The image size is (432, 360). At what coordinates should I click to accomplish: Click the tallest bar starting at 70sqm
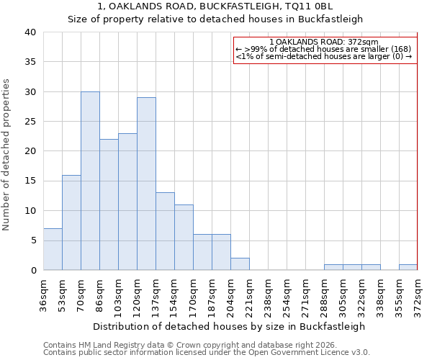click(90, 181)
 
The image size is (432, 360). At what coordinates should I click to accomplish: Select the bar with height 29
click(146, 184)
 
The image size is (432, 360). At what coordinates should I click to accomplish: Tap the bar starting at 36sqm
click(53, 249)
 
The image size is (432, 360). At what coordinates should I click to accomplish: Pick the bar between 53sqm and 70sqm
click(71, 222)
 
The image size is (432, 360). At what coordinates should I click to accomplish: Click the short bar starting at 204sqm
click(240, 264)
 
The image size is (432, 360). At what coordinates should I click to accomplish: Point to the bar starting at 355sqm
click(408, 267)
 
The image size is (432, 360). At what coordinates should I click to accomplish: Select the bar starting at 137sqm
click(165, 231)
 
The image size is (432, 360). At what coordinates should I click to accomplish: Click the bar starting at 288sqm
click(333, 267)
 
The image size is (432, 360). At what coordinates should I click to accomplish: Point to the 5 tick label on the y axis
click(32, 240)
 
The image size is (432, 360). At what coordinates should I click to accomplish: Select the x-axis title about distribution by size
click(230, 326)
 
